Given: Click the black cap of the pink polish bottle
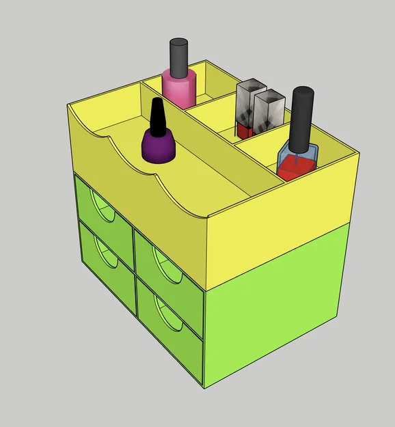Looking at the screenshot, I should coord(178,57).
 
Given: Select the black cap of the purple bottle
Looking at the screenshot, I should coord(158,117).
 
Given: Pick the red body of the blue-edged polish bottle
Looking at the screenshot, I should coord(296,165).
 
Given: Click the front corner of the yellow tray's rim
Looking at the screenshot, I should coord(206,219).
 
